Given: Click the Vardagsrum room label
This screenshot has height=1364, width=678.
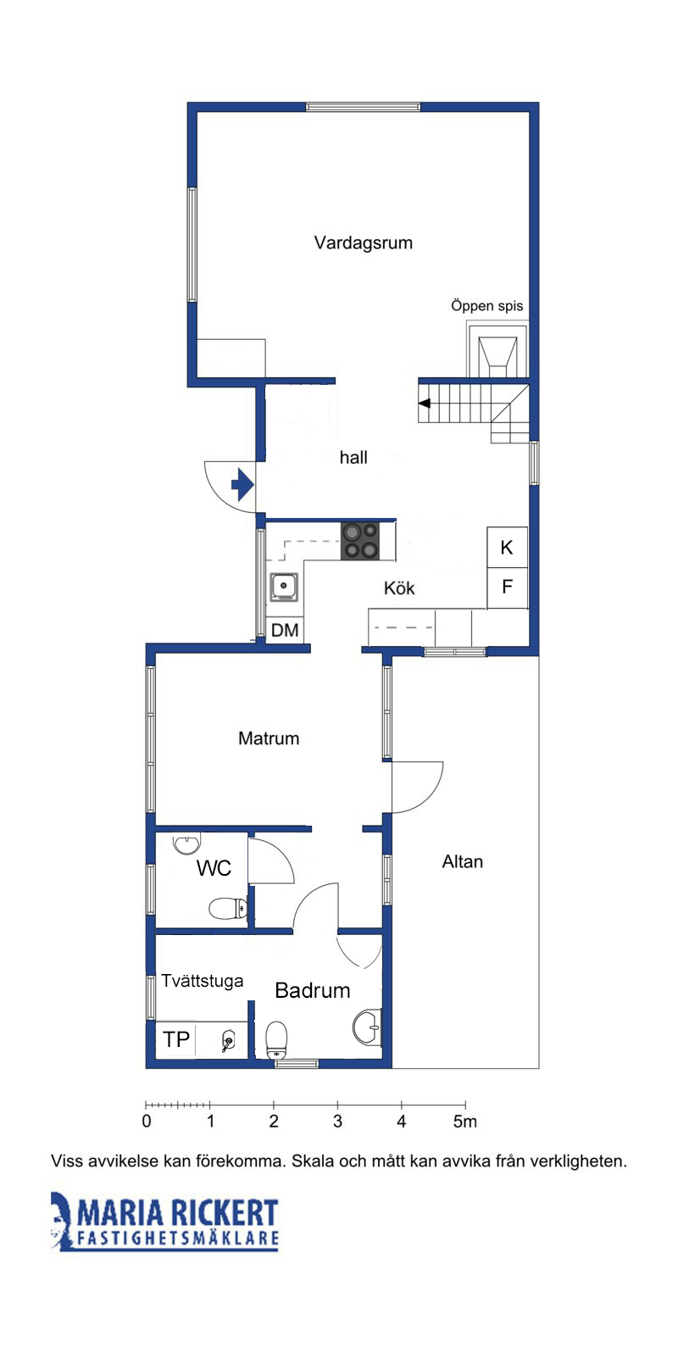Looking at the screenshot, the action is pyautogui.click(x=364, y=243).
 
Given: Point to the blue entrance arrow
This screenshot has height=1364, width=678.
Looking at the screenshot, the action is pyautogui.click(x=242, y=485).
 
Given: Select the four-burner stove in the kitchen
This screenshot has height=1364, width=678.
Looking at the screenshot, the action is pyautogui.click(x=360, y=542).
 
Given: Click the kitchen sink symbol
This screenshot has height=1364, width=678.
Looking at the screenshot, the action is pyautogui.click(x=284, y=587).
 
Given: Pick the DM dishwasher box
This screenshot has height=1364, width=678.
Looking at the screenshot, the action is pyautogui.click(x=285, y=630).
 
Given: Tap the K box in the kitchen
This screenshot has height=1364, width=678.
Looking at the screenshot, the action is pyautogui.click(x=507, y=548).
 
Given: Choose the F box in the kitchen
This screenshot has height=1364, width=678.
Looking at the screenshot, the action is pyautogui.click(x=507, y=587).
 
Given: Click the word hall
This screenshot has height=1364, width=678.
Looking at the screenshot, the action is pyautogui.click(x=353, y=457).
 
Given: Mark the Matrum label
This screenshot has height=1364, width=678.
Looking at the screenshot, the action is pyautogui.click(x=269, y=738).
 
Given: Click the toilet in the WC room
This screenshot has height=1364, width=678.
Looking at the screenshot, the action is pyautogui.click(x=228, y=909).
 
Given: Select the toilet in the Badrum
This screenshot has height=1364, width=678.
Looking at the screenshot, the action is pyautogui.click(x=277, y=1040).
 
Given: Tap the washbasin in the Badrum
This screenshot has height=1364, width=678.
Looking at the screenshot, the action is pyautogui.click(x=368, y=1027).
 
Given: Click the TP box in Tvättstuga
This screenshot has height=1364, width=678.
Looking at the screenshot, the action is pyautogui.click(x=176, y=1038).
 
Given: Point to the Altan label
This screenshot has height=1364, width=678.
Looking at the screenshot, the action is pyautogui.click(x=463, y=861).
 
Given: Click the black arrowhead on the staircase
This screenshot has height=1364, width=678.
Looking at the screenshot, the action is pyautogui.click(x=425, y=404).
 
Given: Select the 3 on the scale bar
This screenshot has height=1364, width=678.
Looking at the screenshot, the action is pyautogui.click(x=338, y=1121).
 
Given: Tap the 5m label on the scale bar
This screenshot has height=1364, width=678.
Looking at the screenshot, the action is pyautogui.click(x=465, y=1121).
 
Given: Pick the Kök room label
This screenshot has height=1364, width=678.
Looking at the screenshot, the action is pyautogui.click(x=399, y=588).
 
